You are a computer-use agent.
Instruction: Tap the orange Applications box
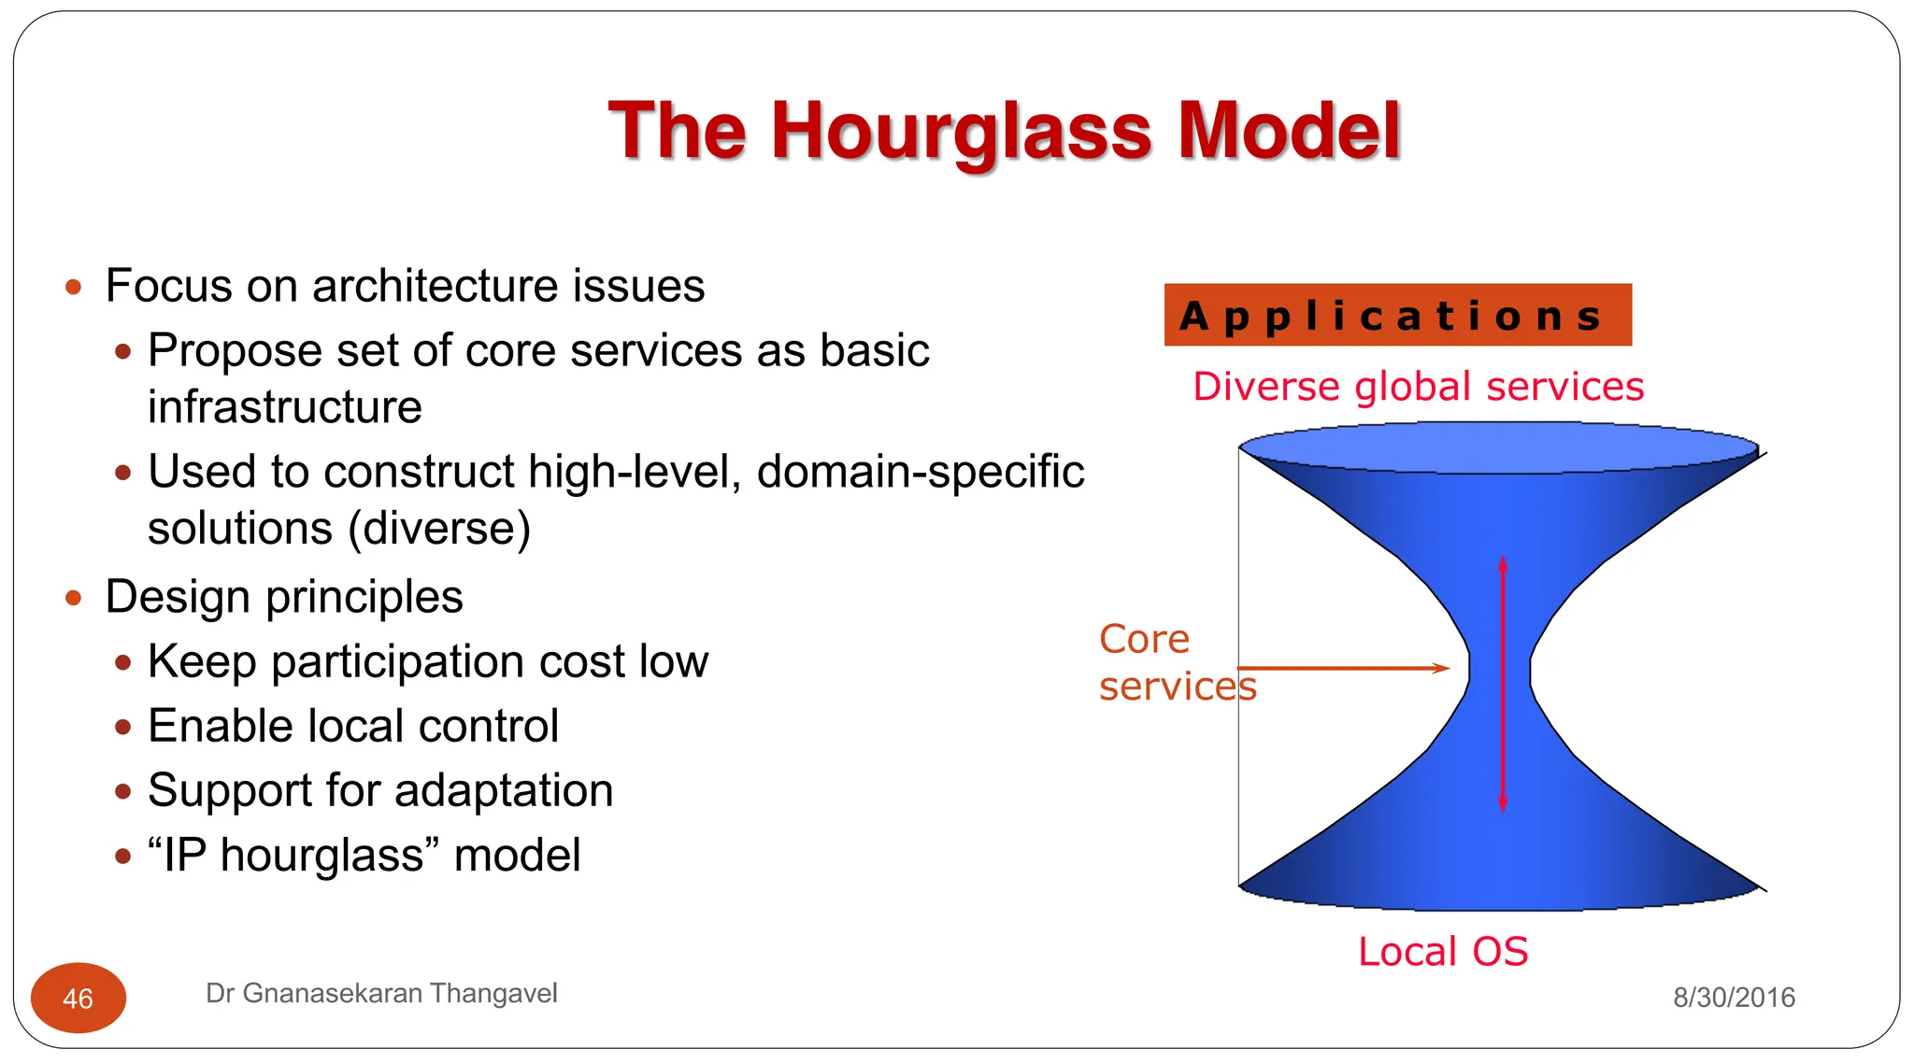1397,316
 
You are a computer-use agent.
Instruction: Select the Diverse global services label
1418,387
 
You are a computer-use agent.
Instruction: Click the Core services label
1176,662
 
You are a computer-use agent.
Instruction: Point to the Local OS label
1443,952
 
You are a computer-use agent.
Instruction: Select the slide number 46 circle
79,998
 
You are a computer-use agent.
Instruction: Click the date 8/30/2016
1734,998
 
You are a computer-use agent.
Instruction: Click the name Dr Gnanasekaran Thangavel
381,993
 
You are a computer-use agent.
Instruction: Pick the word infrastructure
285,407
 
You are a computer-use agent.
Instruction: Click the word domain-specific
920,472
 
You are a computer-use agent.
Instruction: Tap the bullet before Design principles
74,598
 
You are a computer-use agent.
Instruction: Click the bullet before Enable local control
122,727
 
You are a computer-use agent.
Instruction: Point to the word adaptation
504,791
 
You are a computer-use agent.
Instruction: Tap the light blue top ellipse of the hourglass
1499,447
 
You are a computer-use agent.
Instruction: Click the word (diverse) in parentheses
439,529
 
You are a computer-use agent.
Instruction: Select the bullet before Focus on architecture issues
74,287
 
